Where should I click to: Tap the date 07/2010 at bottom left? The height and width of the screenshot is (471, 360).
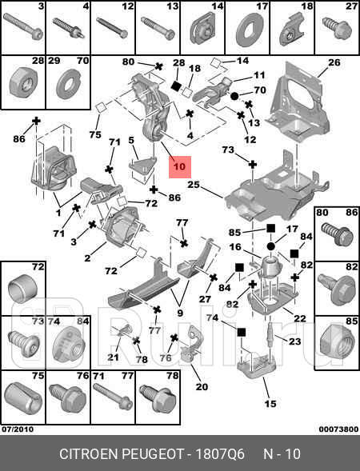(x=18, y=429)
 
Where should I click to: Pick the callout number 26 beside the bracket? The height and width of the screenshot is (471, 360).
(x=334, y=62)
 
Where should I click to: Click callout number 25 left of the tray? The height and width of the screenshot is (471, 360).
(x=193, y=185)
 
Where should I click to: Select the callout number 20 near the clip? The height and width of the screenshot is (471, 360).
(x=202, y=387)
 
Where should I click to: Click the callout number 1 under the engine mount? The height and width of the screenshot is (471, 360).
(x=58, y=214)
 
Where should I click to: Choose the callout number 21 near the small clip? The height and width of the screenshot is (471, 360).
(x=114, y=357)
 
